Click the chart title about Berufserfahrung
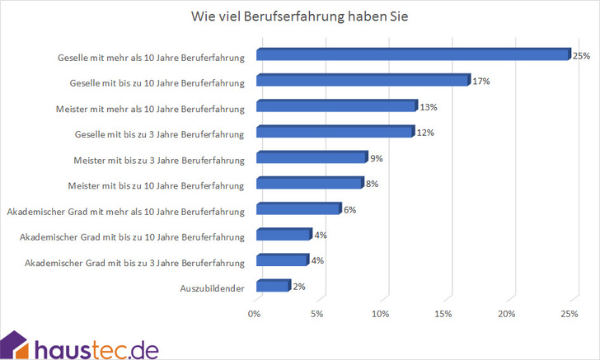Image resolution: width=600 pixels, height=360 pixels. coord(299,16)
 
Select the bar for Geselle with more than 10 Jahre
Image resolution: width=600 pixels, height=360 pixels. coord(412,55)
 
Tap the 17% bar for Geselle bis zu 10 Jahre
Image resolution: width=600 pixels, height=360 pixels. coord(362,81)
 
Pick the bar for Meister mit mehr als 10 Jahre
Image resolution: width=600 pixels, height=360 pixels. coord(336,106)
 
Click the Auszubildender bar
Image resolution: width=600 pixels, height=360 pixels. coord(273,286)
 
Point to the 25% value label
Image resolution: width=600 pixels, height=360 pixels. coord(582,56)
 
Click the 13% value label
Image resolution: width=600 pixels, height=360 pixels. coord(429,107)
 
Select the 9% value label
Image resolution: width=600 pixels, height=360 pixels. coord(376,158)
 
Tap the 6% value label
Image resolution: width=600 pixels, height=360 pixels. coord(349,209)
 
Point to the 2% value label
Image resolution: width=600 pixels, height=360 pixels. coord(299,286)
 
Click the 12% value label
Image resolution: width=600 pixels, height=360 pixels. coord(424,133)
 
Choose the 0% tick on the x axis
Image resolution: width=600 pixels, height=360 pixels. coord(255,314)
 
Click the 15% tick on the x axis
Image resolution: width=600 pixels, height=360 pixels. coord(443,314)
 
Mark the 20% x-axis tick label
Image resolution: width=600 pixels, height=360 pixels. coord(507,314)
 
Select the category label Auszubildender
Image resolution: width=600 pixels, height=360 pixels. coord(212,288)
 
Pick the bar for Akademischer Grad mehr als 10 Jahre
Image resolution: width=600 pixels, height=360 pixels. coord(298,209)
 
